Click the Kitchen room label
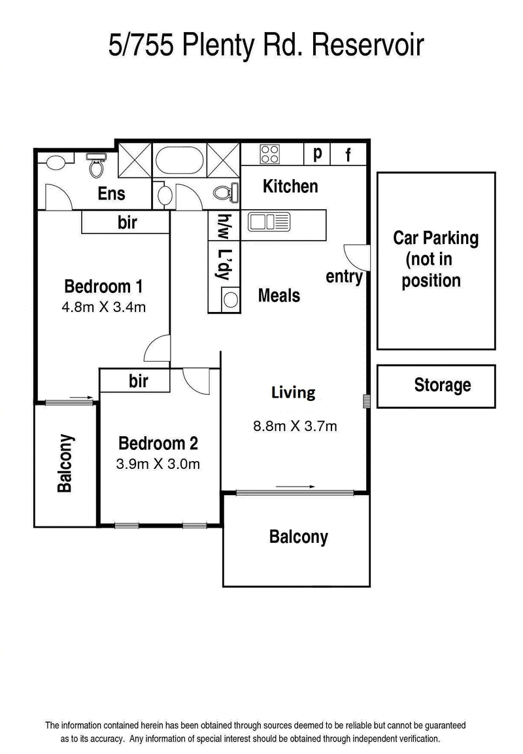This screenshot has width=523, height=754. click(290, 186)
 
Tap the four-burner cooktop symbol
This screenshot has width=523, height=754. click(269, 154)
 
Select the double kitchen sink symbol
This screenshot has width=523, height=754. click(269, 222)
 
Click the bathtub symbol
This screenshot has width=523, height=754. click(180, 160)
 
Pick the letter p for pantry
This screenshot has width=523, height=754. click(317, 154)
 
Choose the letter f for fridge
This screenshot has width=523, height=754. click(348, 154)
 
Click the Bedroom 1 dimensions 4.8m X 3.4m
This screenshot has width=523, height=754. click(104, 307)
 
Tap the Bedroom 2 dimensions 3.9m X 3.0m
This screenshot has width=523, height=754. click(158, 464)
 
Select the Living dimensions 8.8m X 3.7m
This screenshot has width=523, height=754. click(295, 426)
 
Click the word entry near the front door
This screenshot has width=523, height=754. click(344, 277)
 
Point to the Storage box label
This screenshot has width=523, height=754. click(443, 385)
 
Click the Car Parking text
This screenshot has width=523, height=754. click(435, 238)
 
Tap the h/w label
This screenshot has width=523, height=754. click(224, 226)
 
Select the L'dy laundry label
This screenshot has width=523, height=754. click(225, 265)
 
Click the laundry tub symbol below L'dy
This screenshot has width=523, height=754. click(231, 300)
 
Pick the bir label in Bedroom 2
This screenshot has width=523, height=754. click(139, 381)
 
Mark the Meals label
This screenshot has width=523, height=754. click(278, 295)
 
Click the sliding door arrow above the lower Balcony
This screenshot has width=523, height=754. click(295, 487)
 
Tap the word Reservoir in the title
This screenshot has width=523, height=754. click(367, 44)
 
